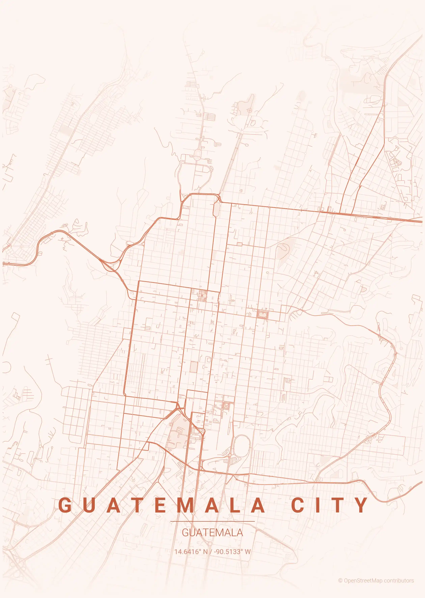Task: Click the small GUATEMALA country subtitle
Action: tap(212, 533)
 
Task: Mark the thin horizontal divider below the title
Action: tap(212, 521)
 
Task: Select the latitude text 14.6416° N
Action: tap(191, 552)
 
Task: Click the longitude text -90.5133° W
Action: tap(232, 552)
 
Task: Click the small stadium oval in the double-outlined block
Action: tap(262, 314)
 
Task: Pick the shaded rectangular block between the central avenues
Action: tap(194, 367)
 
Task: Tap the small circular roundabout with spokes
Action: tap(250, 110)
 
